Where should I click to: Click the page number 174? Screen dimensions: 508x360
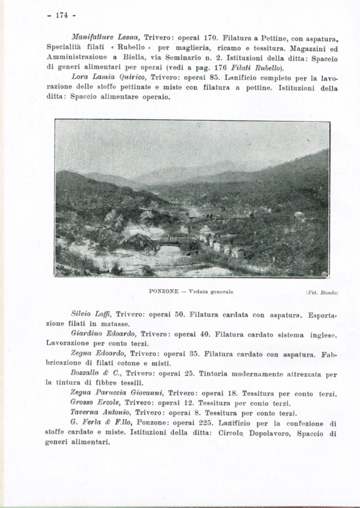(x=62, y=15)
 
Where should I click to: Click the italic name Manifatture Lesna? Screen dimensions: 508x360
(x=106, y=38)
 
